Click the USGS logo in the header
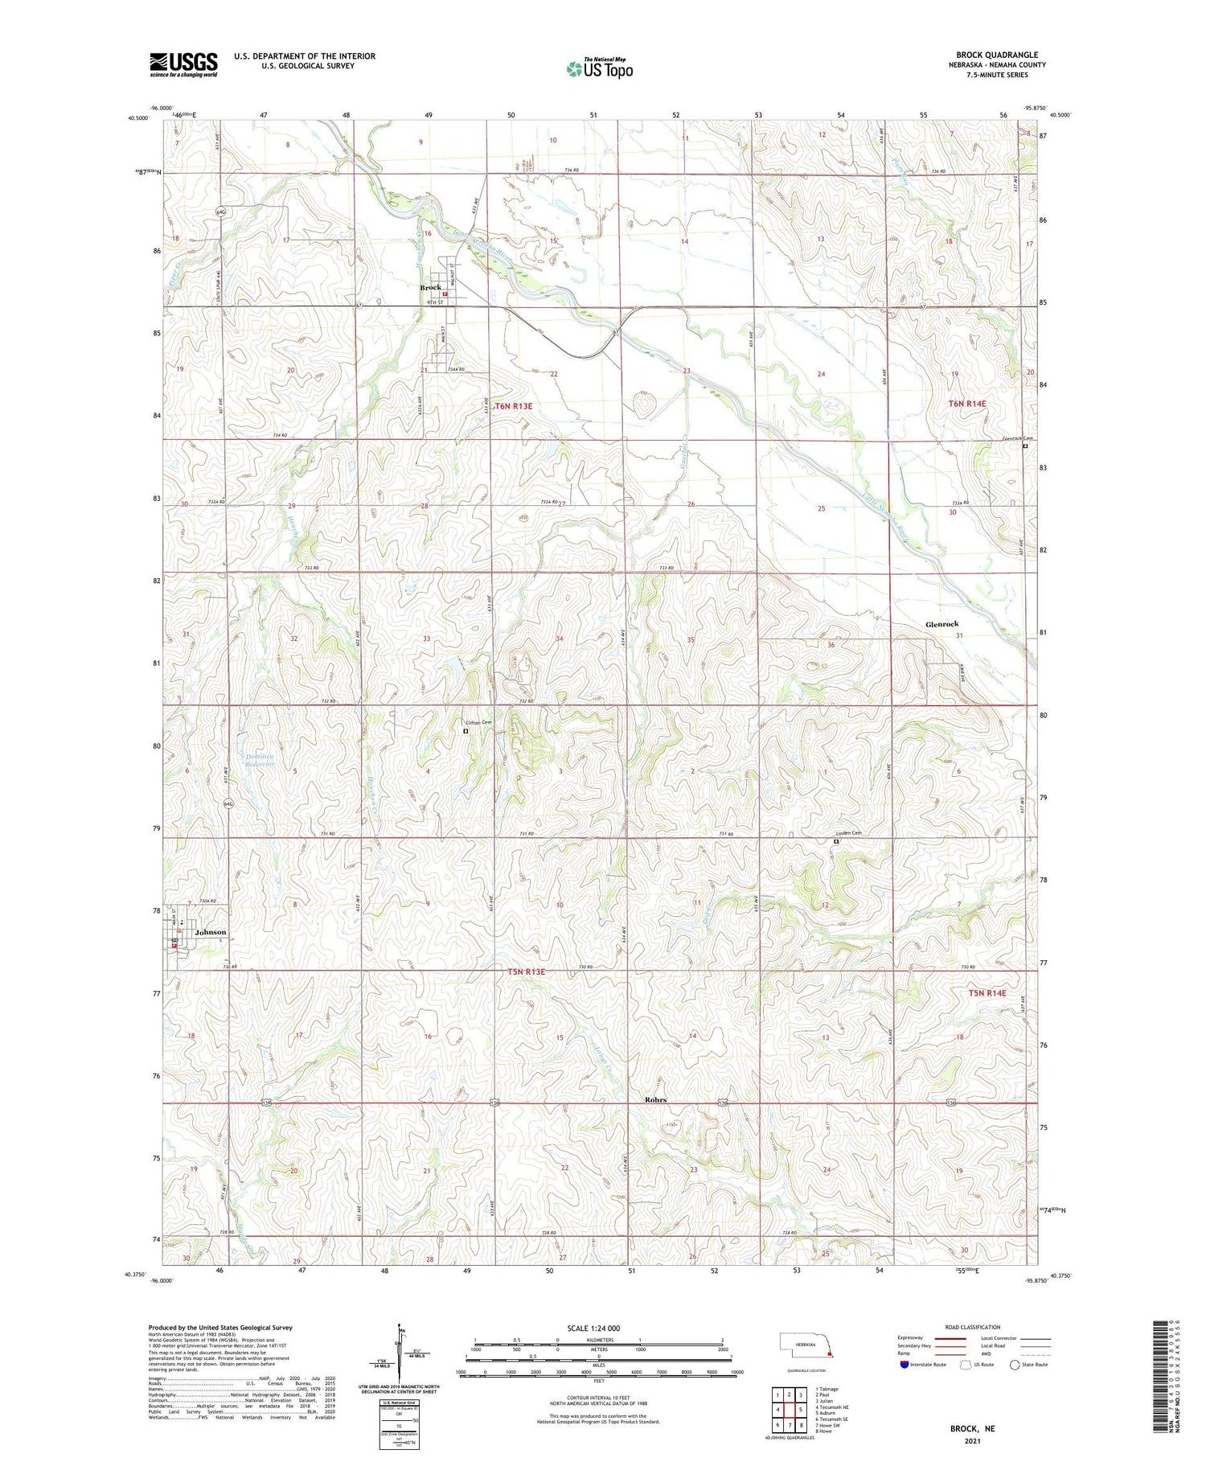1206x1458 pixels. (x=183, y=64)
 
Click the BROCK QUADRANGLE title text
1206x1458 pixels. (x=996, y=55)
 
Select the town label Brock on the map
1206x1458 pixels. (x=430, y=287)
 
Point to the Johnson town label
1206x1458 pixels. (x=211, y=932)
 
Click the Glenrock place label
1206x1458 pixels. (x=941, y=624)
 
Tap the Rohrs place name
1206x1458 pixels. (x=655, y=1099)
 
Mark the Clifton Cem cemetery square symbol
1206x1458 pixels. (x=466, y=731)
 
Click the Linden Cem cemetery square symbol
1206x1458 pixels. (x=836, y=842)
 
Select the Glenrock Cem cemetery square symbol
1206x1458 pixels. (x=1025, y=446)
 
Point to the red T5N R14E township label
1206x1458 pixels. (x=987, y=993)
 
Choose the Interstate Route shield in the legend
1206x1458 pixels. (x=904, y=1365)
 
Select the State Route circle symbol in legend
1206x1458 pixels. (x=1015, y=1365)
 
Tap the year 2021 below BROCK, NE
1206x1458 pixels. (x=972, y=1441)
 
